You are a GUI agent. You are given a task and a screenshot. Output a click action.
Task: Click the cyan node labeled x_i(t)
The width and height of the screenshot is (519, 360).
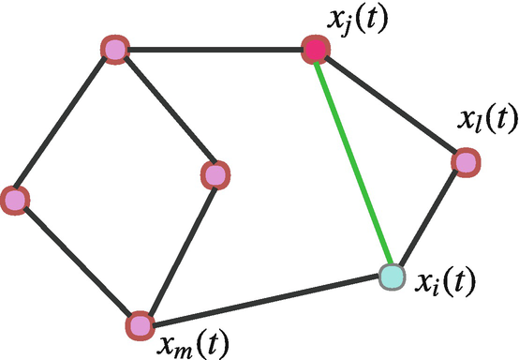(392, 277)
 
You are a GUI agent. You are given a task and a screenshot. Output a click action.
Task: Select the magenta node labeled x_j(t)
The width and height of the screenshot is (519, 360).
(316, 50)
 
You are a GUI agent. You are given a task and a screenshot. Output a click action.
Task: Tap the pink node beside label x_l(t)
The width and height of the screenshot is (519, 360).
(467, 162)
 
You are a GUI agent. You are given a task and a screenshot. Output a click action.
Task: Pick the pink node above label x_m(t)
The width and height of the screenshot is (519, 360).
(140, 325)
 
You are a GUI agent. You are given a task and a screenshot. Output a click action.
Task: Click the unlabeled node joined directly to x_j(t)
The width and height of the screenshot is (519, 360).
(114, 50)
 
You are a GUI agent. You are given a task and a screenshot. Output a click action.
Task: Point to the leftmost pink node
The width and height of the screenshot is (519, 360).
(14, 199)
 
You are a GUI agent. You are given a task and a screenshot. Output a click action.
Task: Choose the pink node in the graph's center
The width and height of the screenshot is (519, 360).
(215, 174)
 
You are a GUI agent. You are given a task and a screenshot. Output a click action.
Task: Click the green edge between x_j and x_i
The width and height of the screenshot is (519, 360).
(354, 163)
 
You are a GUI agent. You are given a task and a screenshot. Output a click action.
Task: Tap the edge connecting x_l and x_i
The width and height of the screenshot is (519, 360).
(429, 219)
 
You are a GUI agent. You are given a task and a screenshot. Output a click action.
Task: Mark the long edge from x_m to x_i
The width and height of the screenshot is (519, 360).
(266, 301)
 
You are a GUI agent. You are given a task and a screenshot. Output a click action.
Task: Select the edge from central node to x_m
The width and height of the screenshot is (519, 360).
(178, 249)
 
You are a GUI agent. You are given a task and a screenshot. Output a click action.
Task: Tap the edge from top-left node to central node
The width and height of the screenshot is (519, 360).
(165, 112)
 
